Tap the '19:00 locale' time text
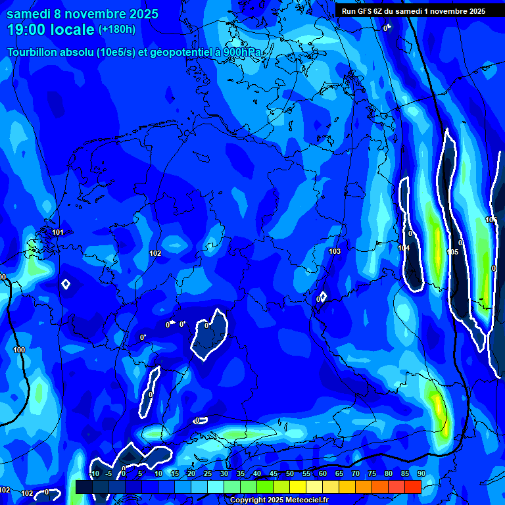point(51,29)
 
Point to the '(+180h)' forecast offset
point(117,29)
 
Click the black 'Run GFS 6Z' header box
point(414,11)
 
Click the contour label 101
point(58,232)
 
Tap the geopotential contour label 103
point(335,251)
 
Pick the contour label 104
point(404,248)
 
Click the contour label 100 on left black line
point(19,350)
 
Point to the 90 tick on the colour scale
point(421,473)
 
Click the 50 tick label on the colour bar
point(290,473)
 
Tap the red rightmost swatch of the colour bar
point(412,487)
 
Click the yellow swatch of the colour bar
point(297,487)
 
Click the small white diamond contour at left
point(65,284)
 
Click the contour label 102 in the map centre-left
point(155,253)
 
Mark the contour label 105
point(452,252)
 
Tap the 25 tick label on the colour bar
point(208,473)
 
